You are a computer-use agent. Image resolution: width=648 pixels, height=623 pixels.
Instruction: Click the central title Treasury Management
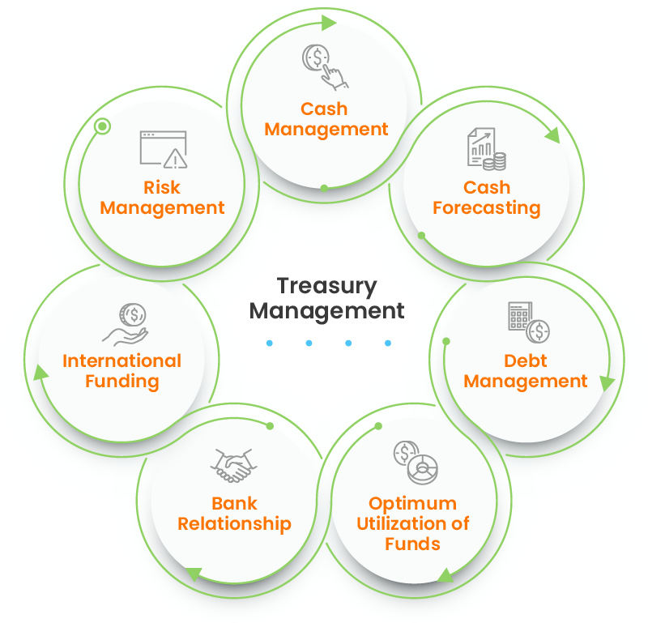pyautogui.click(x=326, y=298)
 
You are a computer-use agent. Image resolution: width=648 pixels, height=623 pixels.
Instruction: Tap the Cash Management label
pyautogui.click(x=326, y=119)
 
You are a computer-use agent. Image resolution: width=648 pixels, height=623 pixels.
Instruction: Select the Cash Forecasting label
pyautogui.click(x=486, y=198)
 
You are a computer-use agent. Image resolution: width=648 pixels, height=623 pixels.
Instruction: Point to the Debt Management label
pyautogui.click(x=526, y=371)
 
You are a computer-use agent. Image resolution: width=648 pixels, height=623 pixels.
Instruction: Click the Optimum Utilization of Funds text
pyautogui.click(x=412, y=523)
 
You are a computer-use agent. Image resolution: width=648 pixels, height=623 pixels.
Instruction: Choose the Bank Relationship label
pyautogui.click(x=234, y=514)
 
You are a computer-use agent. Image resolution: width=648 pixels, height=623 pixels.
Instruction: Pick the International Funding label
pyautogui.click(x=122, y=371)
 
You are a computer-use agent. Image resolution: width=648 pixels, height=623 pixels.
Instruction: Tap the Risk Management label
pyautogui.click(x=162, y=198)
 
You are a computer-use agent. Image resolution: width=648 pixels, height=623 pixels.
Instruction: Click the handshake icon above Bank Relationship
pyautogui.click(x=233, y=466)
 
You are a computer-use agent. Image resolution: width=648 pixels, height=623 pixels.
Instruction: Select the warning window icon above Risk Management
pyautogui.click(x=163, y=149)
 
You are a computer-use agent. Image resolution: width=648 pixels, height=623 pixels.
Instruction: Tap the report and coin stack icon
pyautogui.click(x=486, y=150)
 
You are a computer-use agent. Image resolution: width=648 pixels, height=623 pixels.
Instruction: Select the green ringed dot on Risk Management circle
pyautogui.click(x=102, y=126)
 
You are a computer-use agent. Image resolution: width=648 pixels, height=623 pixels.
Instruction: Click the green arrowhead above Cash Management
pyautogui.click(x=328, y=23)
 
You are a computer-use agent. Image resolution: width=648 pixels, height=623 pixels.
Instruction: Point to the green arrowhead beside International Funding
pyautogui.click(x=37, y=372)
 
